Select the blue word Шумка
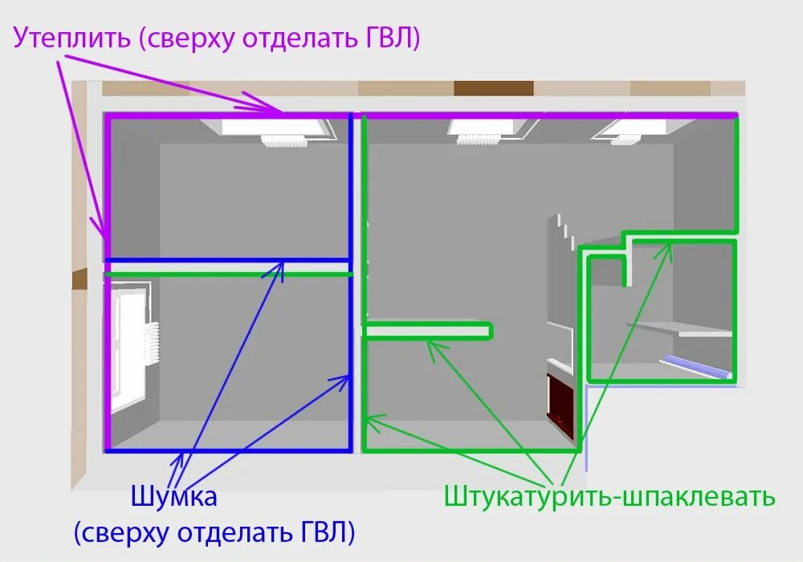pos(173,497)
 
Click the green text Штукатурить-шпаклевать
pos(609,496)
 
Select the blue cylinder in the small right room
pos(697,368)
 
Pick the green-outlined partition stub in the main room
pos(428,330)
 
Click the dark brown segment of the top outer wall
pos(493,88)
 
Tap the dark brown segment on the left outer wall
pos(79,279)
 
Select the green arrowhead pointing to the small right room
pos(664,252)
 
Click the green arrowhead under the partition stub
pos(434,346)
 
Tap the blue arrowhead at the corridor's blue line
pos(278,267)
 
